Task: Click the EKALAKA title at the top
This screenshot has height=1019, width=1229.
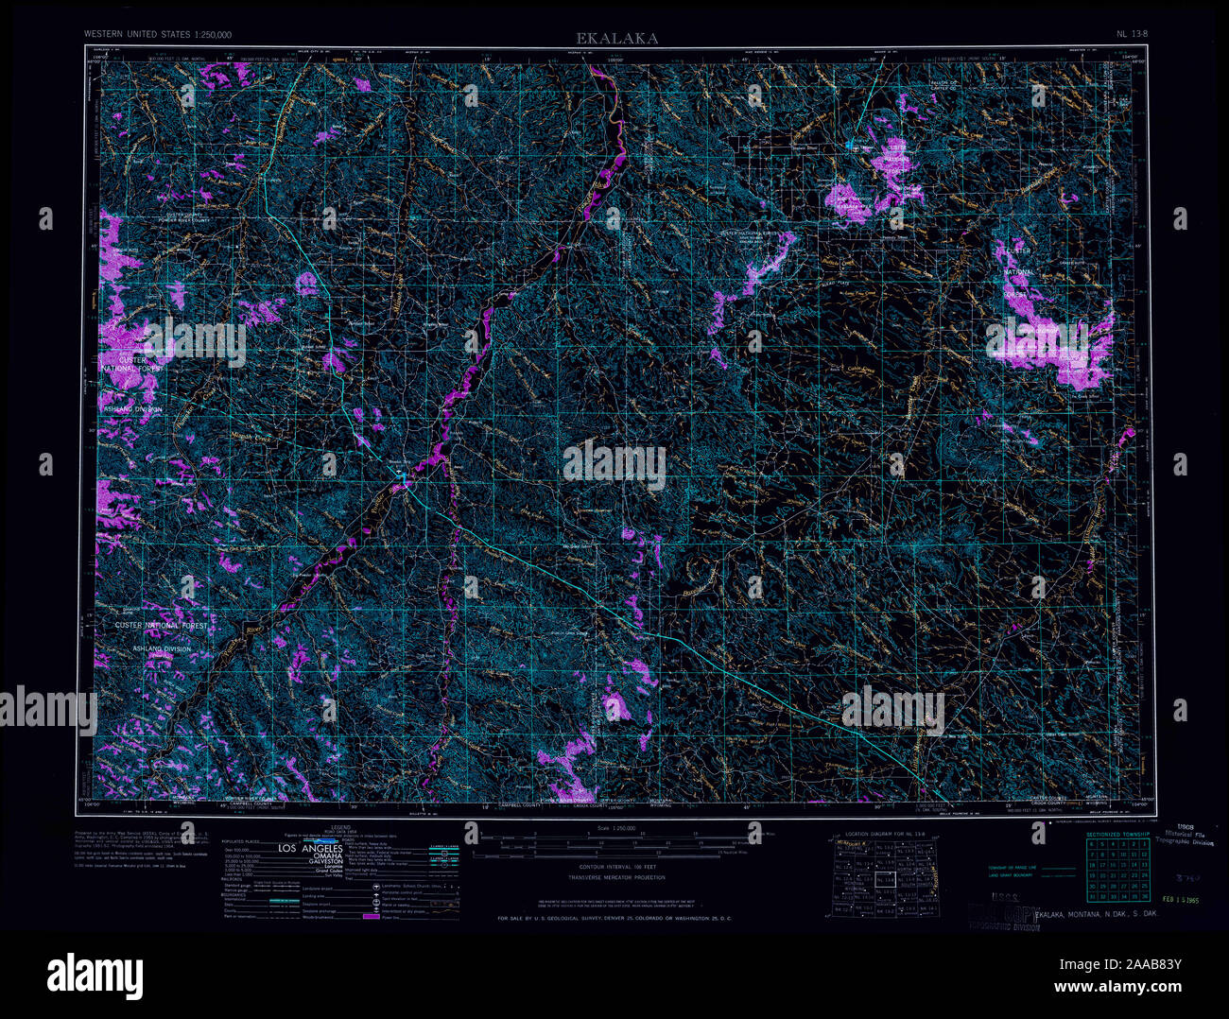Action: point(618,38)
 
